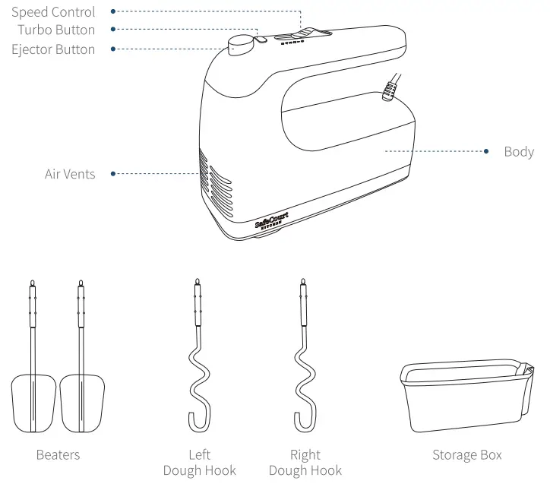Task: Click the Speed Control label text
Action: click(53, 12)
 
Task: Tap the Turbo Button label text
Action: click(57, 30)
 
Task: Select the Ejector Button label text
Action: click(53, 49)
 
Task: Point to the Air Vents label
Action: click(70, 174)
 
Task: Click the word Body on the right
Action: click(519, 151)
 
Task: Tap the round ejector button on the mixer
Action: click(242, 45)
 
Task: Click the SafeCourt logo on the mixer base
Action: click(271, 221)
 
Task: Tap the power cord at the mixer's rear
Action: click(392, 86)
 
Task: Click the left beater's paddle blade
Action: click(34, 403)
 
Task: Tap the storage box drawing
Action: click(465, 395)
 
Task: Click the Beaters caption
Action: click(58, 455)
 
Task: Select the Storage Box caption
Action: click(467, 455)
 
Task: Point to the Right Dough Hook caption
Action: click(305, 463)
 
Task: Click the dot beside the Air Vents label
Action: click(113, 174)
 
